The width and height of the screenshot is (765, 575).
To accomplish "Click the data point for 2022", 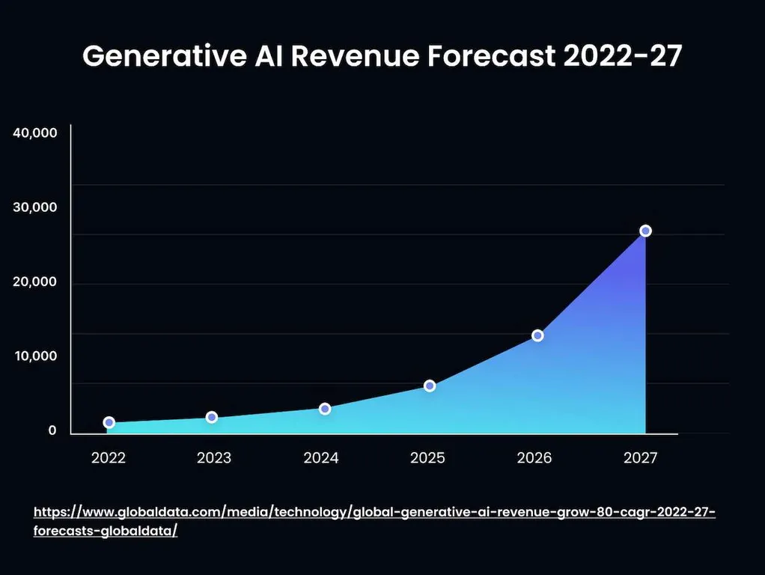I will pyautogui.click(x=109, y=422).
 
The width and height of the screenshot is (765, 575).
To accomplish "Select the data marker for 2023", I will pyautogui.click(x=212, y=417).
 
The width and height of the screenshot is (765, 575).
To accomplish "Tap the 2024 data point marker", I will pyautogui.click(x=325, y=409).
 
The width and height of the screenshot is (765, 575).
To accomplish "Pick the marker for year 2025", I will pyautogui.click(x=430, y=386).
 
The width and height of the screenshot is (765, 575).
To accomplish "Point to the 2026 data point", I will pyautogui.click(x=537, y=335).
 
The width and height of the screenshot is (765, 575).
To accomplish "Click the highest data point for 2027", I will pyautogui.click(x=645, y=231).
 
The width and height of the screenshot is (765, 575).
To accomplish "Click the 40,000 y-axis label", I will pyautogui.click(x=35, y=133).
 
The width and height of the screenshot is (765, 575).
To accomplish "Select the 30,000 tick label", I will pyautogui.click(x=35, y=207).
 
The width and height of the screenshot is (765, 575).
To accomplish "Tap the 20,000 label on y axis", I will pyautogui.click(x=35, y=282).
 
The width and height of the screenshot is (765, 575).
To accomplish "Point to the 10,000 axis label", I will pyautogui.click(x=35, y=356).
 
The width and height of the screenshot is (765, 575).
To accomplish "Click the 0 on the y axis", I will pyautogui.click(x=52, y=431).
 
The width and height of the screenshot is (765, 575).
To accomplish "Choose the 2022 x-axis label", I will pyautogui.click(x=109, y=458).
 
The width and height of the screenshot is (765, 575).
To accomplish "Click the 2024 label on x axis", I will pyautogui.click(x=321, y=458).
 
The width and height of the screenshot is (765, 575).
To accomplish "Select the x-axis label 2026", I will pyautogui.click(x=534, y=458).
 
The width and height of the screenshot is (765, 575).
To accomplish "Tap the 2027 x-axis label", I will pyautogui.click(x=641, y=458).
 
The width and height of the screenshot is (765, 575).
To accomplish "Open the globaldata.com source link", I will pyautogui.click(x=374, y=513).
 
